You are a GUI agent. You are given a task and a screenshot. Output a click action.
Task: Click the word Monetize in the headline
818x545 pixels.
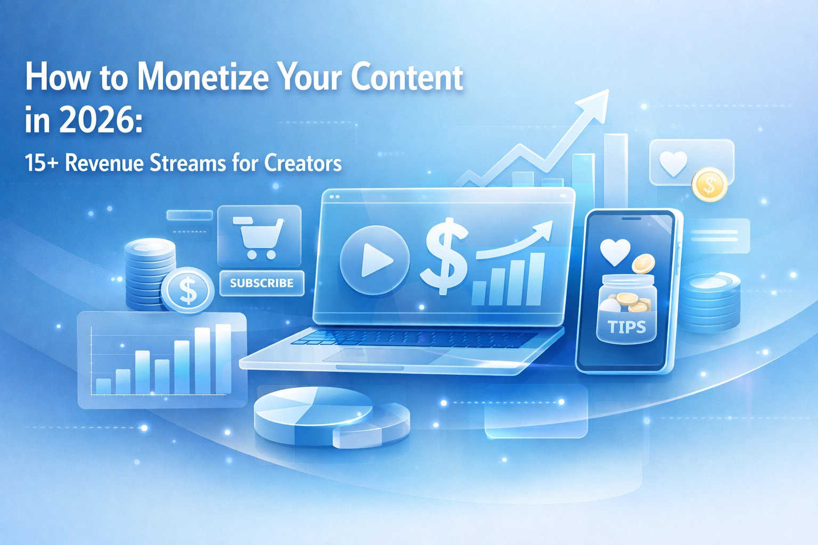[x=203, y=78]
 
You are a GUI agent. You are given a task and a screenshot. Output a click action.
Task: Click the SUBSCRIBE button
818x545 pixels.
[x=262, y=283]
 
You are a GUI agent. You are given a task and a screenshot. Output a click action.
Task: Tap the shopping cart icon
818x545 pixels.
[x=258, y=237]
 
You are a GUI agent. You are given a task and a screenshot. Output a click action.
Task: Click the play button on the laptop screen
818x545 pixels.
[x=375, y=260]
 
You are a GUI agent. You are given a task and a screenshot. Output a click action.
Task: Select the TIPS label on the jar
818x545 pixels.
[x=627, y=327]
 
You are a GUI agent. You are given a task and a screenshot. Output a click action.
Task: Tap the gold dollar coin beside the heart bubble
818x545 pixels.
[x=709, y=184]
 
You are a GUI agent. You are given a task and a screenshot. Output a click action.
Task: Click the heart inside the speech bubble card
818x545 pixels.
[x=673, y=163]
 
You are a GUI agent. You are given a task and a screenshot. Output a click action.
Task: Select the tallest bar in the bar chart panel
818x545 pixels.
[x=224, y=359]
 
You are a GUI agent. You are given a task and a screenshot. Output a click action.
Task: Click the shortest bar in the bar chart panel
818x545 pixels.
[x=103, y=386]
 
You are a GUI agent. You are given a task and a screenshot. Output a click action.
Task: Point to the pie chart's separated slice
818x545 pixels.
[x=371, y=425]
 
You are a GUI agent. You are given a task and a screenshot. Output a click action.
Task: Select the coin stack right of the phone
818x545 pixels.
[x=709, y=303]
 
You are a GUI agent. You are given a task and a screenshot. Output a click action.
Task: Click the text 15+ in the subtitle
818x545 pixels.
[x=41, y=163]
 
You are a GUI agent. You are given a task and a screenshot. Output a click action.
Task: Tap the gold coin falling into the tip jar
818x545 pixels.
[x=643, y=263]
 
